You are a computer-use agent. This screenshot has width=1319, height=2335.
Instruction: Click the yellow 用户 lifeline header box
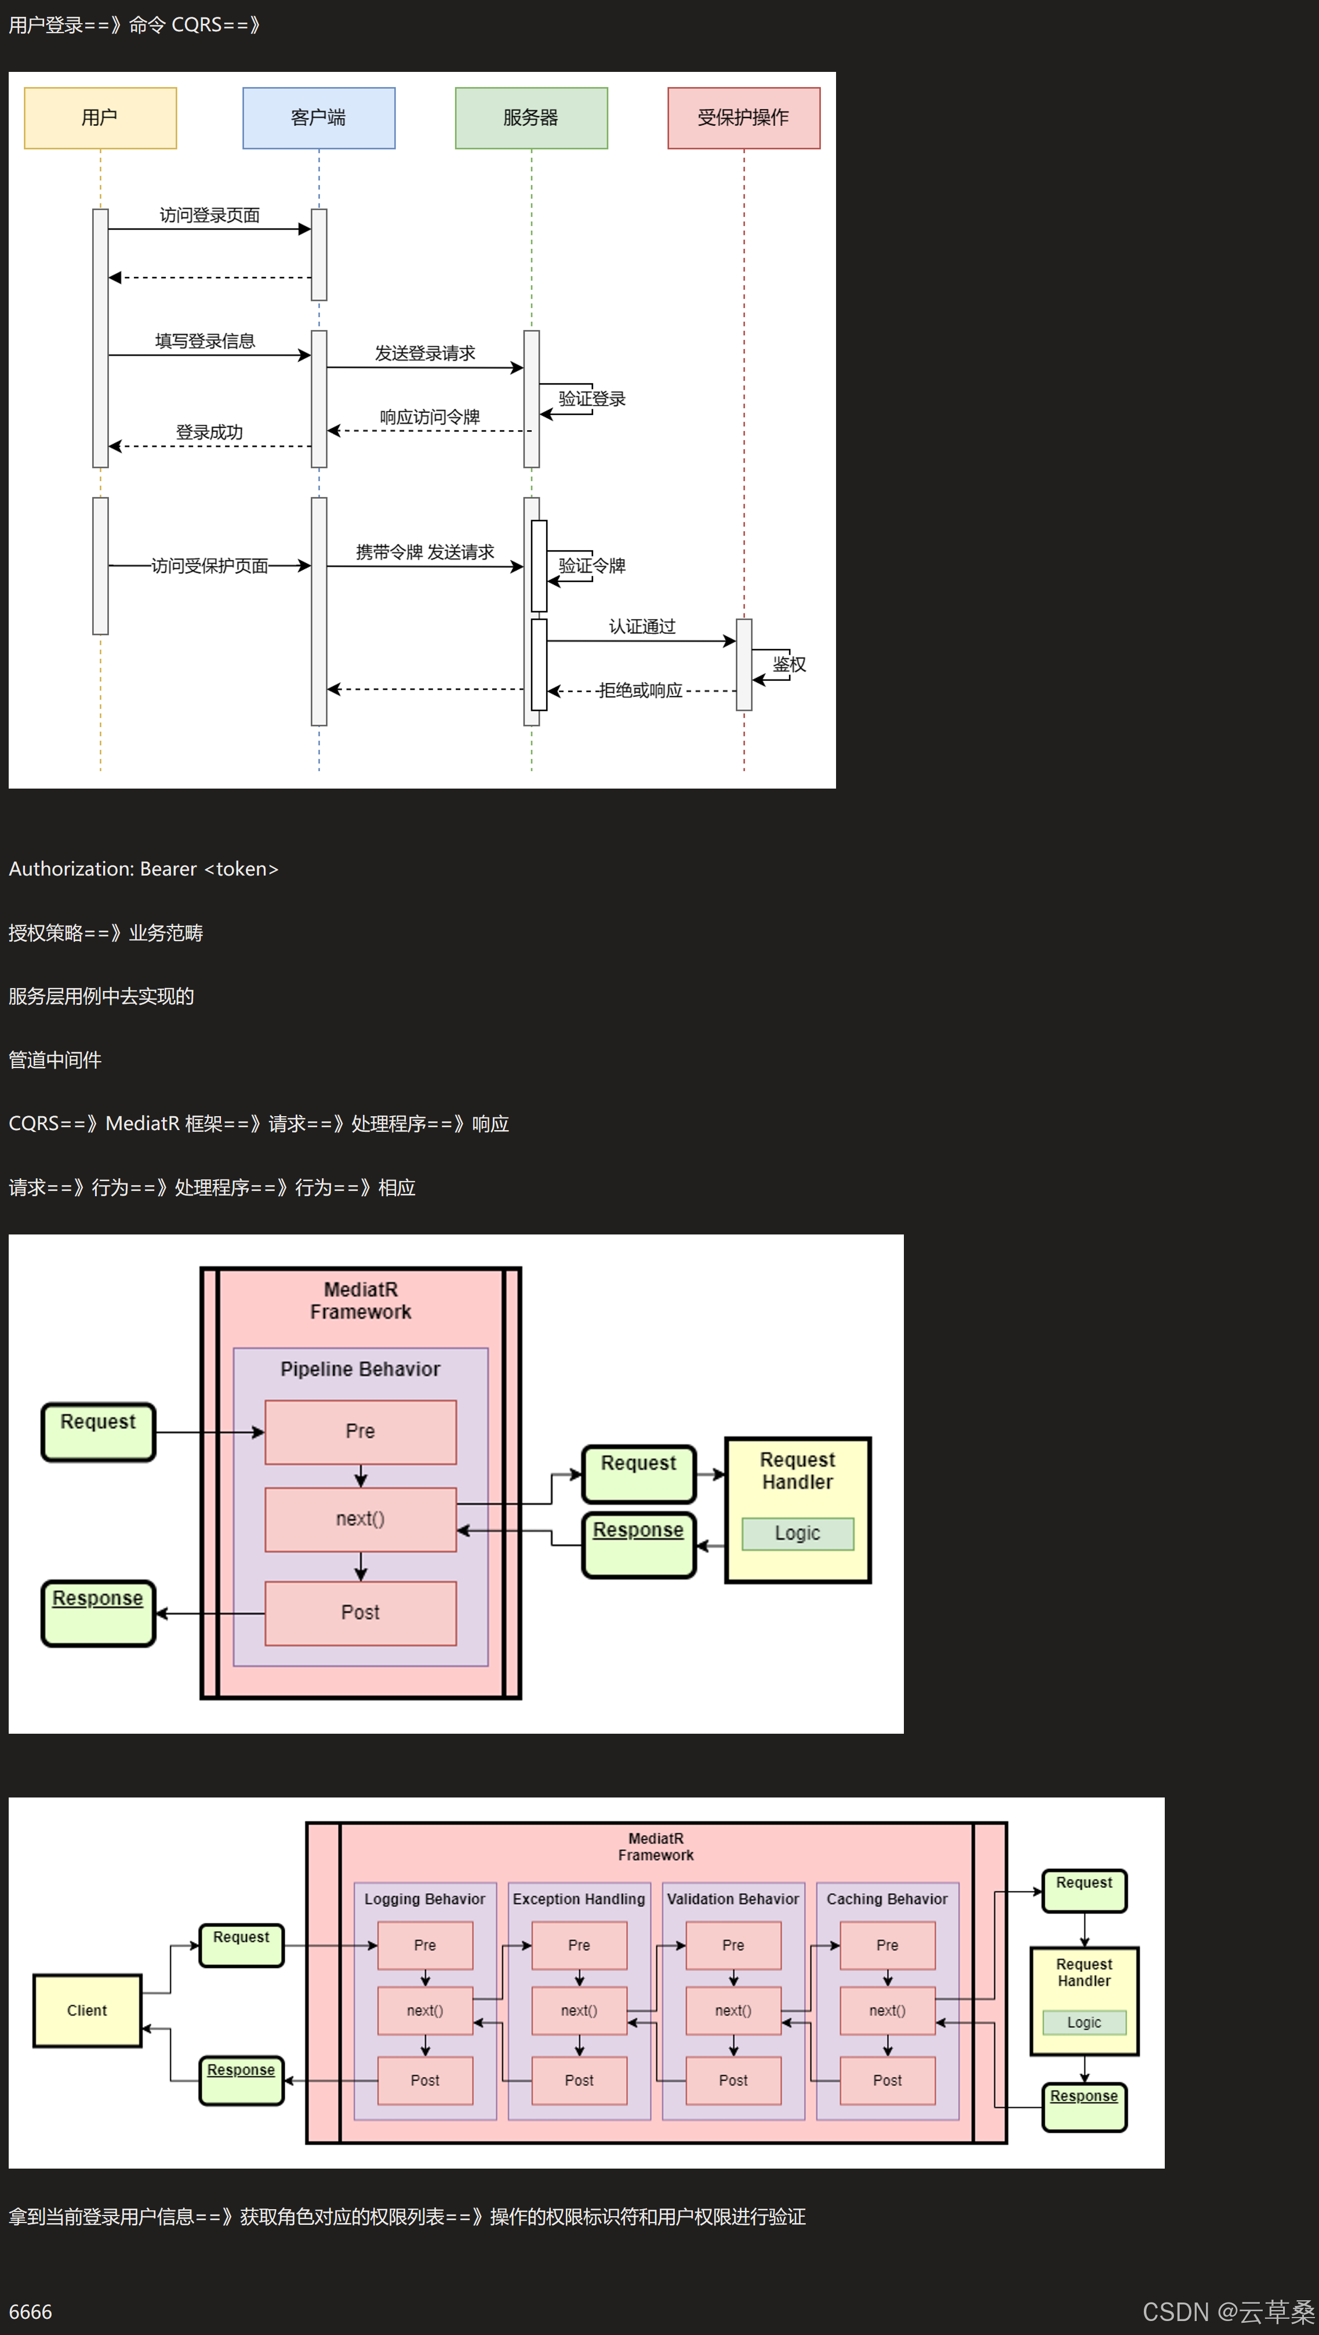pyautogui.click(x=100, y=118)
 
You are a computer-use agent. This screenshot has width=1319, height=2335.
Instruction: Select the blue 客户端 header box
pyautogui.click(x=318, y=118)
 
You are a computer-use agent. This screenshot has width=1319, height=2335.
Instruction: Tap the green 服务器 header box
pyautogui.click(x=531, y=118)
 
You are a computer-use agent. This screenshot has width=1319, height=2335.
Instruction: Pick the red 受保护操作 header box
pyautogui.click(x=743, y=118)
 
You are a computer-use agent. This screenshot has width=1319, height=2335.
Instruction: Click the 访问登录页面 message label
pyautogui.click(x=209, y=215)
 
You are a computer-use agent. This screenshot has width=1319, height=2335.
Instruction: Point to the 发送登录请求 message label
pyautogui.click(x=424, y=353)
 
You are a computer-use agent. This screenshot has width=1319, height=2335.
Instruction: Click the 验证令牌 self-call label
pyautogui.click(x=592, y=565)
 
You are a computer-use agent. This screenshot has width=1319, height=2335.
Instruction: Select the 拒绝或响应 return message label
pyautogui.click(x=640, y=691)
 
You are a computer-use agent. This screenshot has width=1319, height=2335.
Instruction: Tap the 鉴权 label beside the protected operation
pyautogui.click(x=789, y=664)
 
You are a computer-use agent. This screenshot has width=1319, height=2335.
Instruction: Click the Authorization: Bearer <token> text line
pyautogui.click(x=143, y=869)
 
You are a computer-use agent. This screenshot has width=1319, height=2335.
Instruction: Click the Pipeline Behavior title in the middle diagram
pyautogui.click(x=360, y=1369)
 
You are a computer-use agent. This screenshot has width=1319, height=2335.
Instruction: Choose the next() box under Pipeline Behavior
pyautogui.click(x=360, y=1519)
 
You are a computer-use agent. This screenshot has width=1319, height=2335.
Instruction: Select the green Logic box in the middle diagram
pyautogui.click(x=797, y=1533)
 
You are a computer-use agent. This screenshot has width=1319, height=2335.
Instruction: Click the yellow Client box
pyautogui.click(x=87, y=2010)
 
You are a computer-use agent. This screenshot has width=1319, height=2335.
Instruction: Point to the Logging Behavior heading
pyautogui.click(x=424, y=1899)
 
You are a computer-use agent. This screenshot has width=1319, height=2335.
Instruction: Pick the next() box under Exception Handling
pyautogui.click(x=579, y=2010)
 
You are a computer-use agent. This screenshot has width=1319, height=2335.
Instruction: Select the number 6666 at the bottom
pyautogui.click(x=30, y=2311)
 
